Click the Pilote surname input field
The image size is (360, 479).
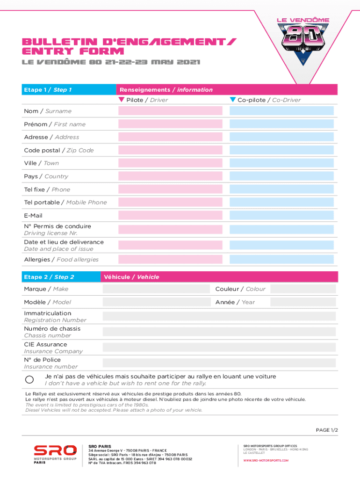tap(170, 111)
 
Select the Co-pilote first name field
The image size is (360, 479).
tap(281, 124)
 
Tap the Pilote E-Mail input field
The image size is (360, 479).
tap(170, 216)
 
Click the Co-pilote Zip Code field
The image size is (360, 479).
tap(281, 150)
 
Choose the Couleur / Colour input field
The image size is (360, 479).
tap(303, 289)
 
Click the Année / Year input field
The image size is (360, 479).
tap(303, 302)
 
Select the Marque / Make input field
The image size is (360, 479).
tap(156, 289)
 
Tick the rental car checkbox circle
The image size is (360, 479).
tap(29, 380)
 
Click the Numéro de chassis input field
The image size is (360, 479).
tap(219, 332)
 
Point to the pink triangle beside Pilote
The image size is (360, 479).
tap(122, 100)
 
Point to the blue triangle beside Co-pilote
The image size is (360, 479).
tap(233, 100)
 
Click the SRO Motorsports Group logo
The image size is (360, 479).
tap(55, 453)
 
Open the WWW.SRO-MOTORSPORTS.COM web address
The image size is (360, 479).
tap(266, 460)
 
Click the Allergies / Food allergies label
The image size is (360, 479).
tap(61, 260)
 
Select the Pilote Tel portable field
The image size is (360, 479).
tap(170, 203)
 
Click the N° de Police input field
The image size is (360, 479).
tap(219, 363)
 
